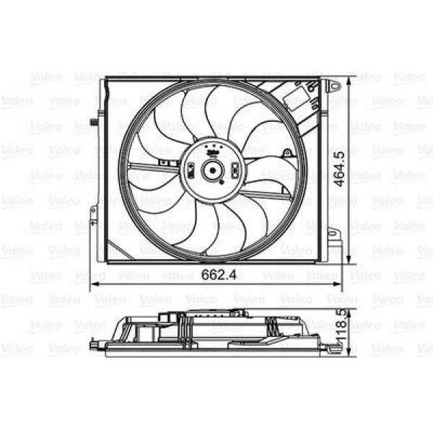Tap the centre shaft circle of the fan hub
[213, 170]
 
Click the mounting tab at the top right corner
[333, 86]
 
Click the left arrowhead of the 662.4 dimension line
[93, 287]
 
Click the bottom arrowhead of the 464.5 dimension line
[350, 261]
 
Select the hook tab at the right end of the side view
[333, 349]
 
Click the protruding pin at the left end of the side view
[93, 346]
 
